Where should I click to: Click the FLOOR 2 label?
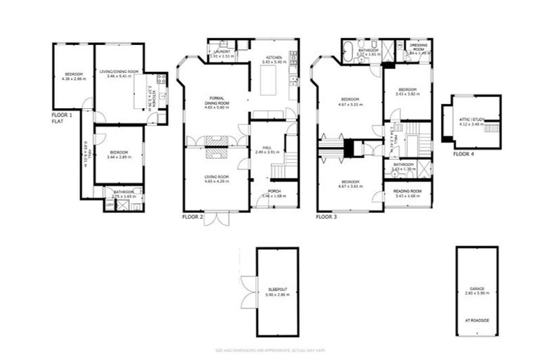pos(193,217)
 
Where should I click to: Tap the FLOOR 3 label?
pos(326,217)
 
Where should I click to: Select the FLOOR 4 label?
pos(463,153)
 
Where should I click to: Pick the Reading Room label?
pos(407,191)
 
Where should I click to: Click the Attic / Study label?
pos(470,120)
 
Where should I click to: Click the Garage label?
pos(477,289)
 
